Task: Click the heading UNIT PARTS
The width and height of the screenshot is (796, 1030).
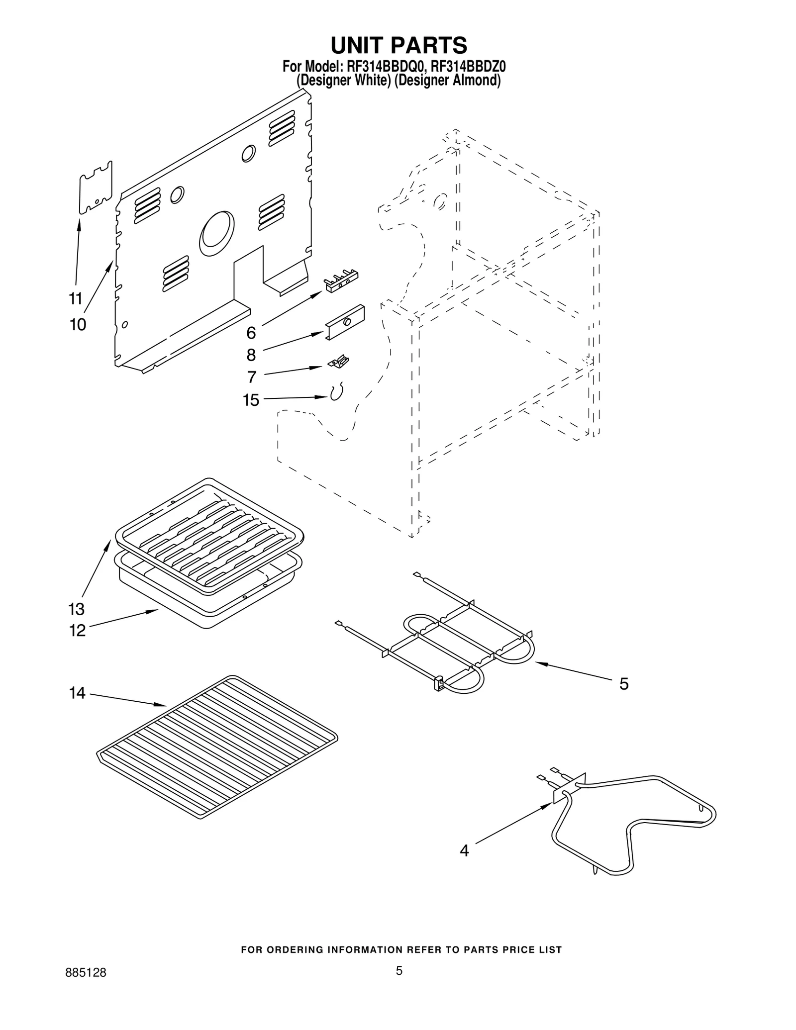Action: point(398,45)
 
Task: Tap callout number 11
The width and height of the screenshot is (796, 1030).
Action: point(75,299)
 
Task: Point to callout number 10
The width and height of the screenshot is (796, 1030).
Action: point(78,325)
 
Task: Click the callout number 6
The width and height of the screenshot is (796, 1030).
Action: point(251,333)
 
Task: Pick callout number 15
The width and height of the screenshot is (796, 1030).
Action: point(251,400)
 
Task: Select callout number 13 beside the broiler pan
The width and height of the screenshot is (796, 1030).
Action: point(77,609)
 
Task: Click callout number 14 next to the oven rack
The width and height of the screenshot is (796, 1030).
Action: point(77,693)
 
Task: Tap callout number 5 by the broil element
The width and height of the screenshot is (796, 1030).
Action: point(624,684)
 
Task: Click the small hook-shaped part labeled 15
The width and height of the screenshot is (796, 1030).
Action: point(337,392)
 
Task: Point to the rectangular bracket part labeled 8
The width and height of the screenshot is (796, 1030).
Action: point(345,322)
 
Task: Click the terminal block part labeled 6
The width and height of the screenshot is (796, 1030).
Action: point(341,281)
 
